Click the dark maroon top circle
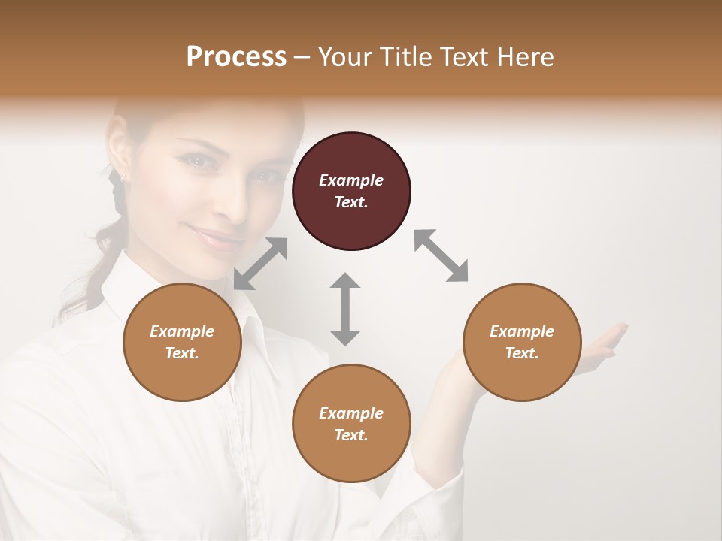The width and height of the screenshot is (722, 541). point(351,192)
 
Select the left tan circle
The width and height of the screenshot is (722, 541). point(182,342)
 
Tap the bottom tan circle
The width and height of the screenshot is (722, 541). point(351,424)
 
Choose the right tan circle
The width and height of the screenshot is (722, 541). point(522,342)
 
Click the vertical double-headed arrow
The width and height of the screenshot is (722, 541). point(345,309)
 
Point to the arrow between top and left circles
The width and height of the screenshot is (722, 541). point(260,264)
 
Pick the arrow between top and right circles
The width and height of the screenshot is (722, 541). point(441,255)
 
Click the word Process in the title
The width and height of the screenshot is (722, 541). point(236,56)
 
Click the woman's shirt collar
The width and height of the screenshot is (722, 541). point(248,331)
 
